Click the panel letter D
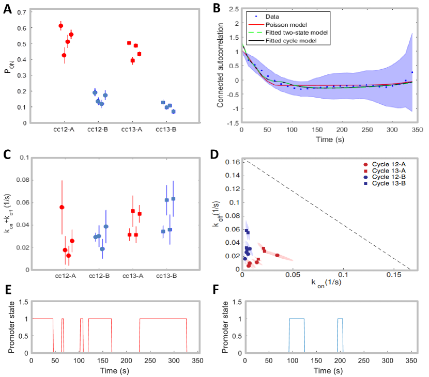[217, 153]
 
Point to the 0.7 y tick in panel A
[21, 11]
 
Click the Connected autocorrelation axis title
[220, 65]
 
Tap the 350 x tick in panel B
[418, 131]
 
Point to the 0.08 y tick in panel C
[20, 180]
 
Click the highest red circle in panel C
[62, 207]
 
